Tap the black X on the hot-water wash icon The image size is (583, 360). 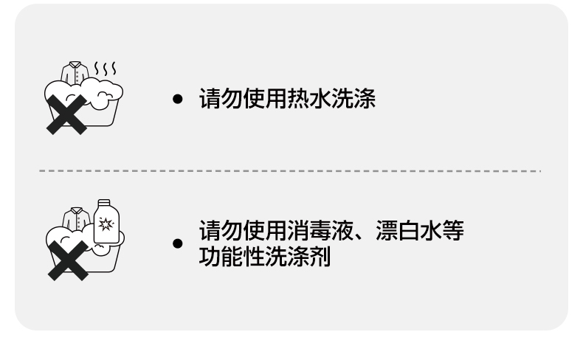[x=66, y=115]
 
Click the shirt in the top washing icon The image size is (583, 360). [x=75, y=74]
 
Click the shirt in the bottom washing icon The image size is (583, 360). [x=75, y=218]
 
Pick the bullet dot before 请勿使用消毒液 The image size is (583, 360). [x=177, y=243]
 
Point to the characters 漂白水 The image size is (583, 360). [x=410, y=232]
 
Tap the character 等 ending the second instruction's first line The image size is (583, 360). [x=455, y=232]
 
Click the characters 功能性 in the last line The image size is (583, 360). [x=226, y=257]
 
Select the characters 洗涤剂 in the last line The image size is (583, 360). [x=304, y=257]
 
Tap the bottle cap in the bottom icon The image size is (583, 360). [x=103, y=201]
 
